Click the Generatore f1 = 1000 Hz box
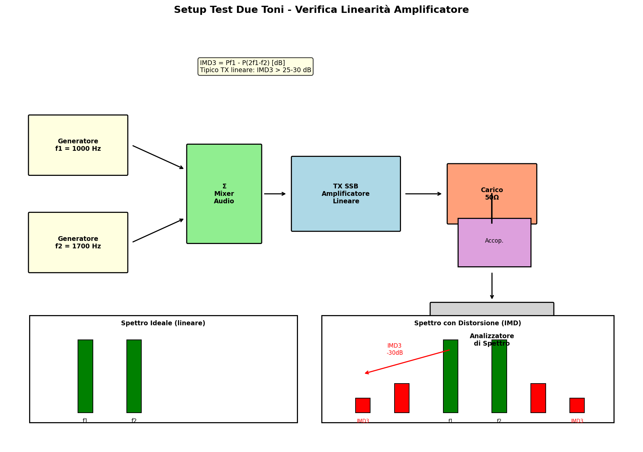pyautogui.click(x=78, y=145)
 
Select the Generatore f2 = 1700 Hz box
pyautogui.click(x=78, y=243)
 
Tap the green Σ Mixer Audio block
pyautogui.click(x=224, y=194)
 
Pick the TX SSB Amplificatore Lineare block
pyautogui.click(x=346, y=194)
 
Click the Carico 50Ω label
pyautogui.click(x=491, y=194)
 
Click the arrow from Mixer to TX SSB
pyautogui.click(x=275, y=194)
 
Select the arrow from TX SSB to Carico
pyautogui.click(x=423, y=194)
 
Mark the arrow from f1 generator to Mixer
pyautogui.click(x=158, y=157)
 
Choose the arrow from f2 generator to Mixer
pyautogui.click(x=158, y=230)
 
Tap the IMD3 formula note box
pyautogui.click(x=255, y=66)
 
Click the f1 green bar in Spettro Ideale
pyautogui.click(x=85, y=376)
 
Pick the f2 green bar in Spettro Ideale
pyautogui.click(x=134, y=376)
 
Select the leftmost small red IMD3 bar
pyautogui.click(x=363, y=405)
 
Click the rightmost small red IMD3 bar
pyautogui.click(x=577, y=405)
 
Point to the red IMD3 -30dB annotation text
pyautogui.click(x=395, y=349)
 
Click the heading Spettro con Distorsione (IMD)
pyautogui.click(x=467, y=323)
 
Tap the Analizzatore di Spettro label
pyautogui.click(x=491, y=340)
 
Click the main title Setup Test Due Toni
pyautogui.click(x=321, y=10)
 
